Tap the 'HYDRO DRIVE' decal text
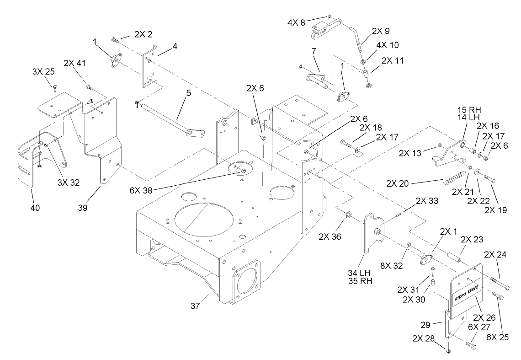(x=465, y=292)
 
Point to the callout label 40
(x=35, y=208)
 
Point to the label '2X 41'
(x=75, y=63)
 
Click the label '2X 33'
(x=426, y=201)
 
